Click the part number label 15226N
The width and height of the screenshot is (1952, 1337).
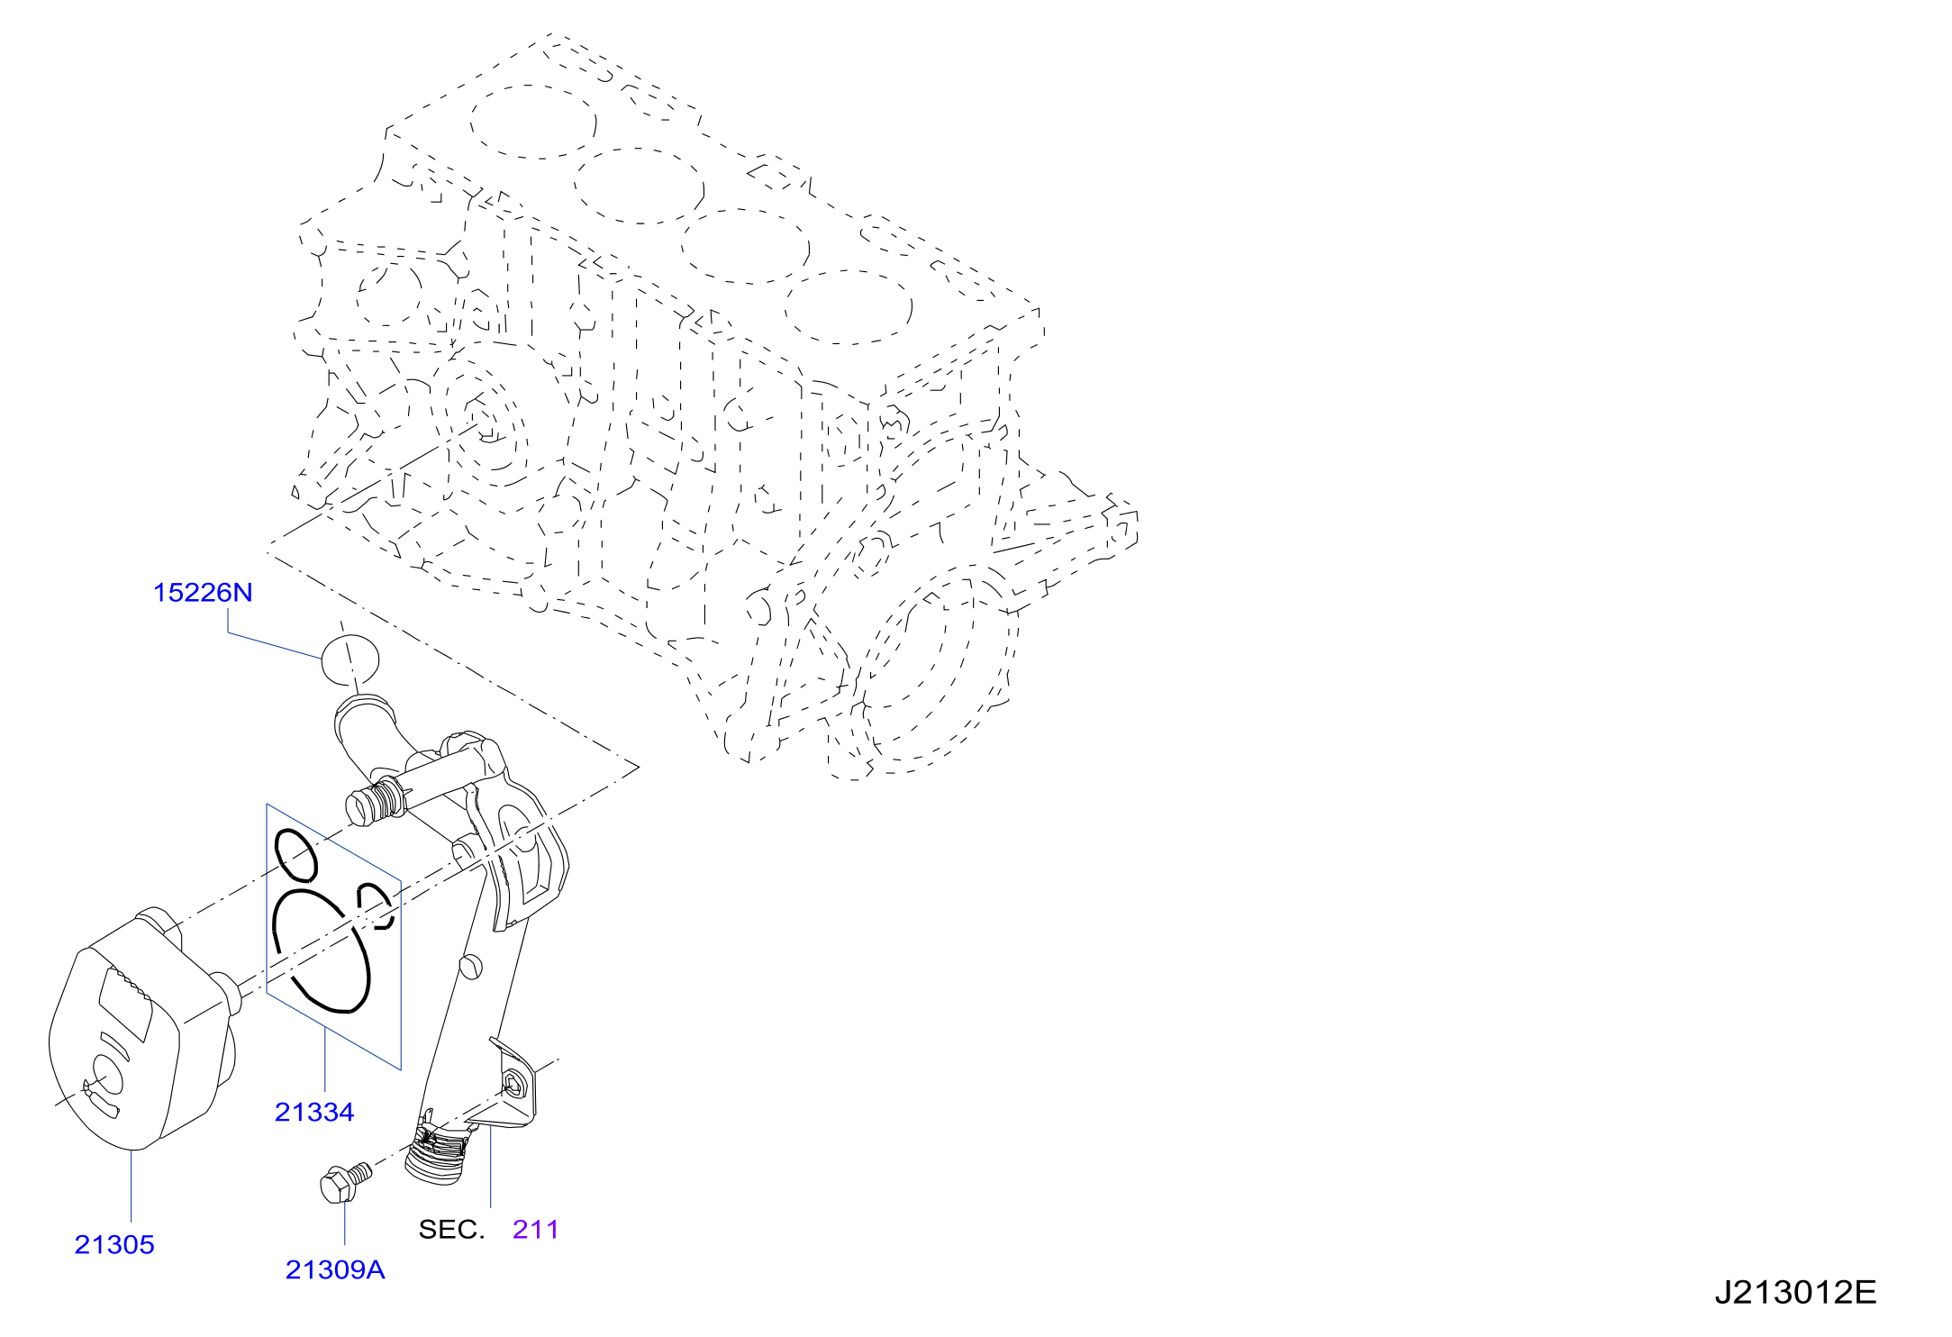(x=203, y=593)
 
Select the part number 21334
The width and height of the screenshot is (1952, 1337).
(x=314, y=1113)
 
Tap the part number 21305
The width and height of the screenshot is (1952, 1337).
(x=114, y=1245)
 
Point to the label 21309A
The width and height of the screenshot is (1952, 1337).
(x=335, y=1270)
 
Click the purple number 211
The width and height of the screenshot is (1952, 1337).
(x=536, y=1230)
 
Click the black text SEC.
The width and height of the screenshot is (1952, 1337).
(x=451, y=1230)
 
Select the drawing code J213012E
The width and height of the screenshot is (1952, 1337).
(x=1795, y=1293)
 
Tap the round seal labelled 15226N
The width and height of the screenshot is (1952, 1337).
(x=350, y=659)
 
